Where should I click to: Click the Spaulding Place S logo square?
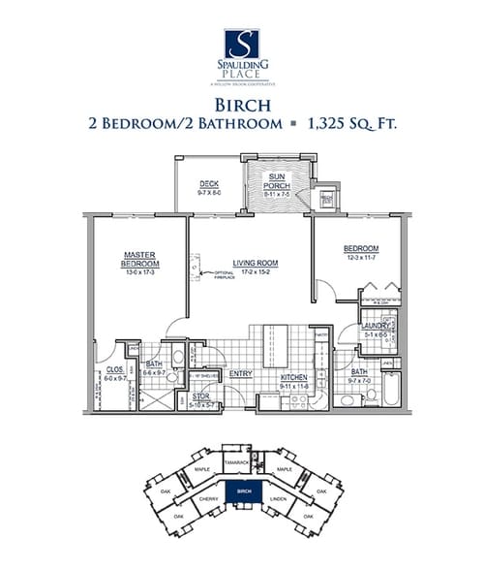[242, 44]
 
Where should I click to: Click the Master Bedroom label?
[139, 259]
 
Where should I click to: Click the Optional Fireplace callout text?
[214, 275]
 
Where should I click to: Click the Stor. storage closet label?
[201, 395]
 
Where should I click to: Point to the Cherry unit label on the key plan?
[207, 499]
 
